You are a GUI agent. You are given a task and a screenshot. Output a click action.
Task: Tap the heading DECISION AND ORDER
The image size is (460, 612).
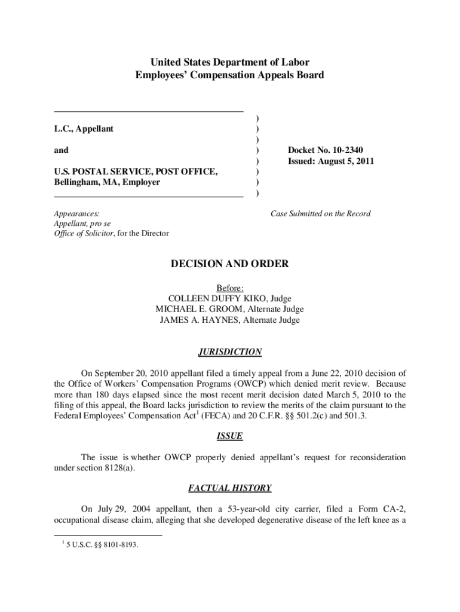click(230, 264)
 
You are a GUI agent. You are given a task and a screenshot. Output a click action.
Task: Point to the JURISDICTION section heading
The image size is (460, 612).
click(230, 351)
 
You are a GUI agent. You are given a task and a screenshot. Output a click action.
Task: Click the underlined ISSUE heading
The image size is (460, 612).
click(230, 436)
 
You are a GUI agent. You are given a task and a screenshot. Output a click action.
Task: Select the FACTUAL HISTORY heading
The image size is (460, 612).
click(230, 488)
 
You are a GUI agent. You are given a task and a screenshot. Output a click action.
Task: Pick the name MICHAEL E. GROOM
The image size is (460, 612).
click(196, 309)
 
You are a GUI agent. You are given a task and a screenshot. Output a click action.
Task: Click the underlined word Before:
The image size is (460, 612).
click(230, 287)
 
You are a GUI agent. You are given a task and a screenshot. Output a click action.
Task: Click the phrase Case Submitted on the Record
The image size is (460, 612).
click(321, 213)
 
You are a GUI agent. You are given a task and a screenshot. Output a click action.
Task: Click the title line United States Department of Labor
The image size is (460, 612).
click(230, 62)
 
